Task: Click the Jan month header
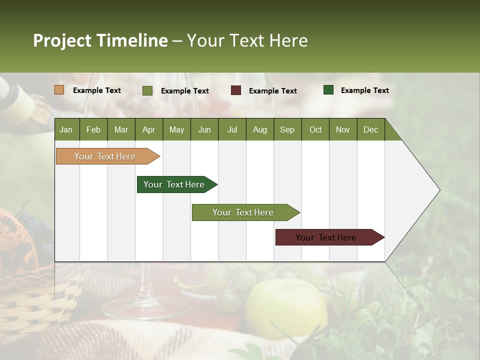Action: (x=66, y=129)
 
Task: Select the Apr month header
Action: (x=148, y=129)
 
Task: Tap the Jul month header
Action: (x=232, y=129)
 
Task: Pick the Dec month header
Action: (x=370, y=129)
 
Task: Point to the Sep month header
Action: (x=287, y=129)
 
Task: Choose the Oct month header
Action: (x=315, y=129)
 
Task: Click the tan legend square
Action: (x=59, y=90)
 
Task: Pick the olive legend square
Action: (x=147, y=90)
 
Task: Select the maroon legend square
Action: (x=235, y=90)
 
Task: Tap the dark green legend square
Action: (x=328, y=90)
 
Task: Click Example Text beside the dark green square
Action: (x=364, y=90)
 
